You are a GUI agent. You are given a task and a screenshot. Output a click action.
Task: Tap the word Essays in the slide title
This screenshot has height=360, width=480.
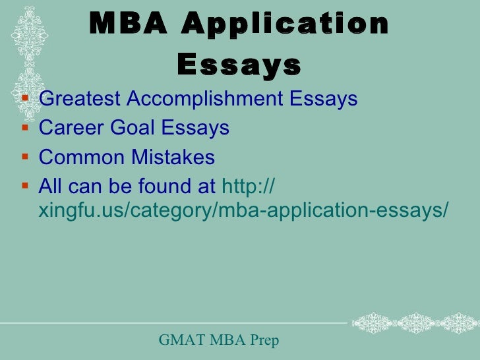239,65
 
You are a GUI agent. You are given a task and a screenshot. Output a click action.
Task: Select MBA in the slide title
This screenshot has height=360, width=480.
129,26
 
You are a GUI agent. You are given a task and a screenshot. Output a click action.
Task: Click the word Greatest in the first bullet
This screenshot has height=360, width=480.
80,100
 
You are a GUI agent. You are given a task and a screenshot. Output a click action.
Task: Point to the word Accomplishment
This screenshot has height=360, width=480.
204,100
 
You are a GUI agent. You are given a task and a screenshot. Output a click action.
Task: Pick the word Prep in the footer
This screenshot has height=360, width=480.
263,340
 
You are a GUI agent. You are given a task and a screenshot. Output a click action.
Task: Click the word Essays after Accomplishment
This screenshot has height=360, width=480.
324,100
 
